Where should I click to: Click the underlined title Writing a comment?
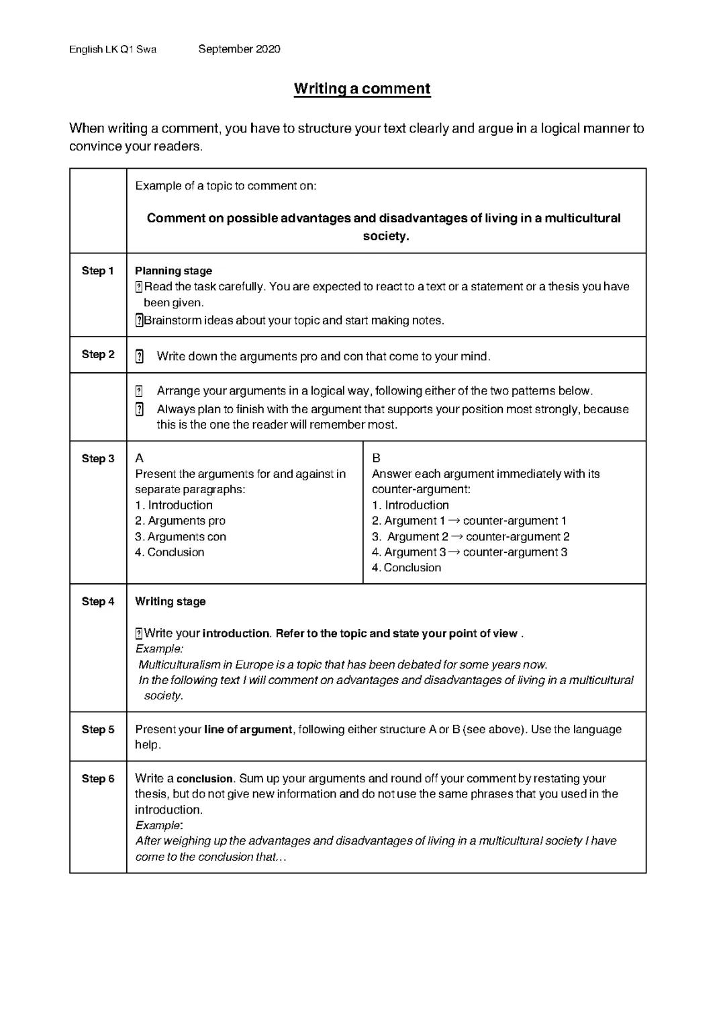(x=362, y=89)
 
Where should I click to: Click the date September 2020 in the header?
(x=239, y=49)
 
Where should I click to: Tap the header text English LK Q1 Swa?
(x=113, y=49)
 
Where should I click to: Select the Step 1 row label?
(x=98, y=271)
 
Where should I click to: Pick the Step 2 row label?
(x=98, y=354)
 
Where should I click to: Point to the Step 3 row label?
(x=98, y=458)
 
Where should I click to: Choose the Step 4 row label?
(x=98, y=601)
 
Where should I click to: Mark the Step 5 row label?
(x=98, y=729)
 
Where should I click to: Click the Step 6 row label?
(x=98, y=779)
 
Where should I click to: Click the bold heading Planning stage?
(x=173, y=271)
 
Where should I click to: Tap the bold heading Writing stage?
(x=171, y=601)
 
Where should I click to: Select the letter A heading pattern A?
(x=139, y=458)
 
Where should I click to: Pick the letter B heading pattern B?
(x=376, y=458)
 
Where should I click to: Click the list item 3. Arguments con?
(x=180, y=537)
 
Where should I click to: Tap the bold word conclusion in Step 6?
(x=204, y=779)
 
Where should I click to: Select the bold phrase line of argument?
(x=248, y=729)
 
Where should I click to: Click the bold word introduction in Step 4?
(x=236, y=633)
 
